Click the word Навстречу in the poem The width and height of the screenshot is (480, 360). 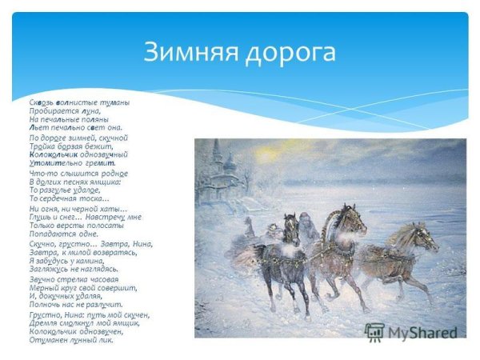point(102,216)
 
